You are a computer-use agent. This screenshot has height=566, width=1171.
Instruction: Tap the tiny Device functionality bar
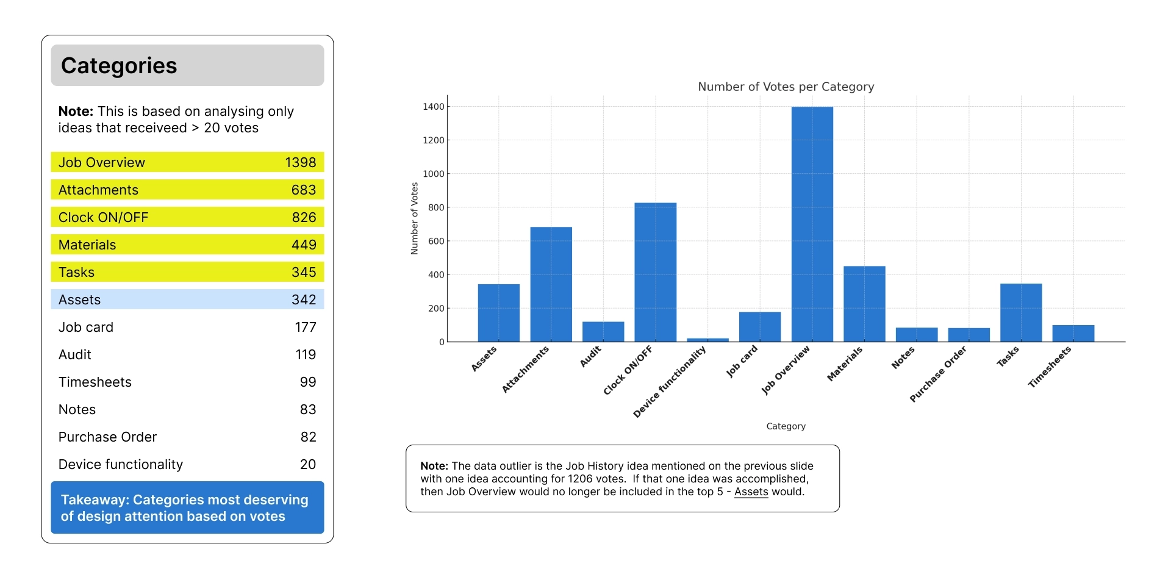pyautogui.click(x=707, y=340)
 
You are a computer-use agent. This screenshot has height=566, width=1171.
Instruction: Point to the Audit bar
pyautogui.click(x=603, y=331)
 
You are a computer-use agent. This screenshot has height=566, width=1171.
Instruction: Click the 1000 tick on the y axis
pyautogui.click(x=434, y=174)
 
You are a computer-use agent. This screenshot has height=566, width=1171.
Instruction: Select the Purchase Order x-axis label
pyautogui.click(x=938, y=374)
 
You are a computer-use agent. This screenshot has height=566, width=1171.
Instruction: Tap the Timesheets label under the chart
pyautogui.click(x=1049, y=367)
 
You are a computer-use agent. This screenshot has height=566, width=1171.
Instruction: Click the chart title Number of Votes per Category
pyautogui.click(x=786, y=87)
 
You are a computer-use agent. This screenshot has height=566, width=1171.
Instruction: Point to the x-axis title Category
pyautogui.click(x=786, y=426)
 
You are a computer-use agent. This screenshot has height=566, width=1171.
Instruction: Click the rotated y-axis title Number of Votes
pyautogui.click(x=415, y=218)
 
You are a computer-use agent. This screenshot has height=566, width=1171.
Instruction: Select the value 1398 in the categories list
pyautogui.click(x=300, y=162)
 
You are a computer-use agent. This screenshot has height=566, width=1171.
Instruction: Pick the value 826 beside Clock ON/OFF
pyautogui.click(x=304, y=217)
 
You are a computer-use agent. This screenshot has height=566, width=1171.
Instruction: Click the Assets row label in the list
pyautogui.click(x=80, y=299)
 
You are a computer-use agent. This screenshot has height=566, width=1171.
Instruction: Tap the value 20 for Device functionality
pyautogui.click(x=308, y=464)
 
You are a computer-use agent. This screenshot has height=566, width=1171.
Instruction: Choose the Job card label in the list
pyautogui.click(x=86, y=327)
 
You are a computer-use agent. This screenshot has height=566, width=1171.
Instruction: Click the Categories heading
pyautogui.click(x=119, y=65)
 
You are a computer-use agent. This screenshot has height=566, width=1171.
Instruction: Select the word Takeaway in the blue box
pyautogui.click(x=95, y=500)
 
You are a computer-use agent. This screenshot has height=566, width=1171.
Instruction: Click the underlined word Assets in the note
pyautogui.click(x=751, y=492)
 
